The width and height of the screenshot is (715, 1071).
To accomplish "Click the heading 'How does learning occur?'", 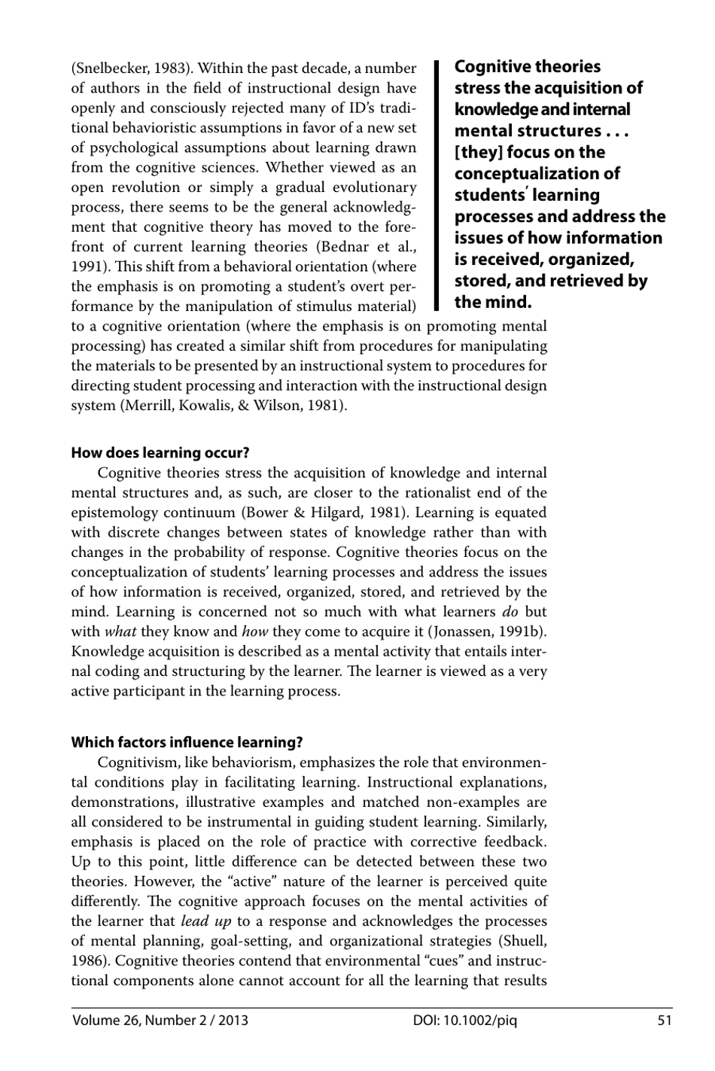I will pos(160,453).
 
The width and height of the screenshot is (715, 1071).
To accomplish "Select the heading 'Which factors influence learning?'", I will pos(187,743).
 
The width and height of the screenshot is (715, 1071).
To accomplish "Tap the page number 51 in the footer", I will pos(664,1021).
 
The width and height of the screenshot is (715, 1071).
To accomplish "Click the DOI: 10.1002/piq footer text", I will pos(465,1021).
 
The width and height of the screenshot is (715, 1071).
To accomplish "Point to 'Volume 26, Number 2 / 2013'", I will pos(160,1021).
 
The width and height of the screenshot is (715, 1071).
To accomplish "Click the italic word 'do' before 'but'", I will pos(510,612).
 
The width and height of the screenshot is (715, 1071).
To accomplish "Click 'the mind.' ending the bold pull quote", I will pos(493,303).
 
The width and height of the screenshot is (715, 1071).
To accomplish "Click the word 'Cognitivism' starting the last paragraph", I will pos(138,762).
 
